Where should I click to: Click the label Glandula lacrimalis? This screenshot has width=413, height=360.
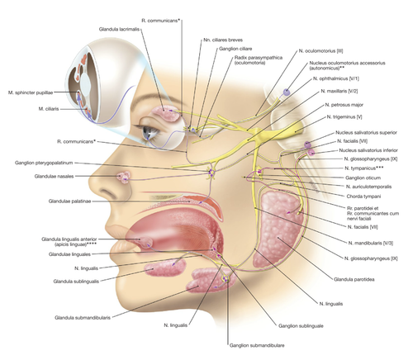point(119,29)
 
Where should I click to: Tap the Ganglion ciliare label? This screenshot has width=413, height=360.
point(235,49)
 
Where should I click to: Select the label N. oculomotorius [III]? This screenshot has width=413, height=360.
point(320,51)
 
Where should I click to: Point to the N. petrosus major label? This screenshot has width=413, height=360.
point(344,105)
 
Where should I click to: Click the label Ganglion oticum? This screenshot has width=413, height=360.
point(363,178)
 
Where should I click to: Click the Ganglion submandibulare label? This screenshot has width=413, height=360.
point(257,345)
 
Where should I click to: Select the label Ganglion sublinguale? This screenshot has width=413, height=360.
point(301,326)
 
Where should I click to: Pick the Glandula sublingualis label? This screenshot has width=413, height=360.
point(76,282)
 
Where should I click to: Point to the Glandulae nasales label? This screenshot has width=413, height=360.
point(54,176)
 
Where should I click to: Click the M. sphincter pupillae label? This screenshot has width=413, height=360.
point(31,92)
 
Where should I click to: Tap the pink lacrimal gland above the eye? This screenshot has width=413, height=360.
point(168,113)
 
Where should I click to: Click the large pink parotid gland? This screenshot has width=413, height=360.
point(278,229)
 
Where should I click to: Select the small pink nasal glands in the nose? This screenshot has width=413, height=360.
point(124,177)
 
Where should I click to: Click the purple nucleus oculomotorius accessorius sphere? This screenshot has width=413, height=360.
point(287,92)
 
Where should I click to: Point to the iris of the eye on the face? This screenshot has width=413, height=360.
point(147,133)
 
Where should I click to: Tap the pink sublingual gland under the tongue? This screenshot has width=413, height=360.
point(165,268)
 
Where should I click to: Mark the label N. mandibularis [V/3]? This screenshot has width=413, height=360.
point(371,243)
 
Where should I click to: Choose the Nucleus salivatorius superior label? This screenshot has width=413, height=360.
point(366,132)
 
